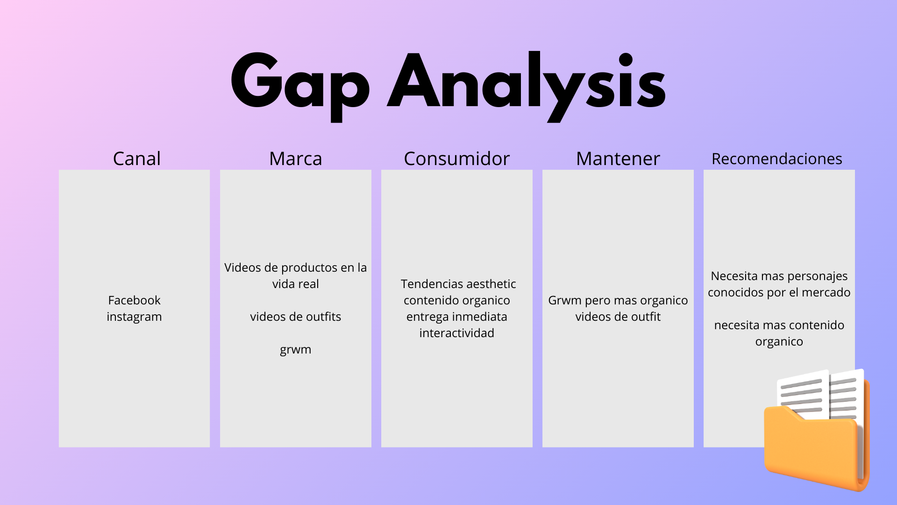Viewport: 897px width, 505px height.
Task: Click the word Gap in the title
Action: (300, 86)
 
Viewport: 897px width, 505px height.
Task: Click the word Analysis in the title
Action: (527, 86)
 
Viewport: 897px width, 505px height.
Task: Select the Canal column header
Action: (137, 159)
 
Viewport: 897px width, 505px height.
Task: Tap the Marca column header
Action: (296, 159)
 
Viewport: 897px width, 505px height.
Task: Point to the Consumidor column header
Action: (457, 159)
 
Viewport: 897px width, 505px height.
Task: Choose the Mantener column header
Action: (618, 159)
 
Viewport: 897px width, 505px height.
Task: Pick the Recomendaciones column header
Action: (777, 159)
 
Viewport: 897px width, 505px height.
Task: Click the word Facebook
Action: (134, 300)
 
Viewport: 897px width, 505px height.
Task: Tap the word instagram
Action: (134, 317)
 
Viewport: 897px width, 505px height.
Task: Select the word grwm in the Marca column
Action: (296, 350)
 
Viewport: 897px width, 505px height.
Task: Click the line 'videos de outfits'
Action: (296, 317)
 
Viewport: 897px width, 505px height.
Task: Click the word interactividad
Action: (457, 333)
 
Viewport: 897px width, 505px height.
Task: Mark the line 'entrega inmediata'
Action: (457, 317)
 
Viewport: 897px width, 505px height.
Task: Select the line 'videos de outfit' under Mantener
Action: (618, 317)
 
